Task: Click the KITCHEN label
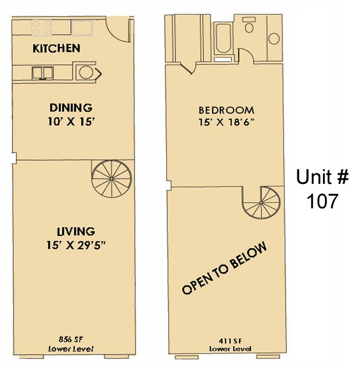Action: point(56,48)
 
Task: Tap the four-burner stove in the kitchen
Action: point(42,26)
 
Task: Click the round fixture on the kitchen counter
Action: point(86,71)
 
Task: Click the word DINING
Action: point(70,107)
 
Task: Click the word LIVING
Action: point(75,232)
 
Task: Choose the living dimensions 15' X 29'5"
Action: point(75,244)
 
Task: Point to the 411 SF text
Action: point(229,340)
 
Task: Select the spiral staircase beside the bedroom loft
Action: point(262,203)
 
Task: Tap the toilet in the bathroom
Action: point(248,27)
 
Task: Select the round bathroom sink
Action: point(274,38)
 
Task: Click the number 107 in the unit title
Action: point(322,201)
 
